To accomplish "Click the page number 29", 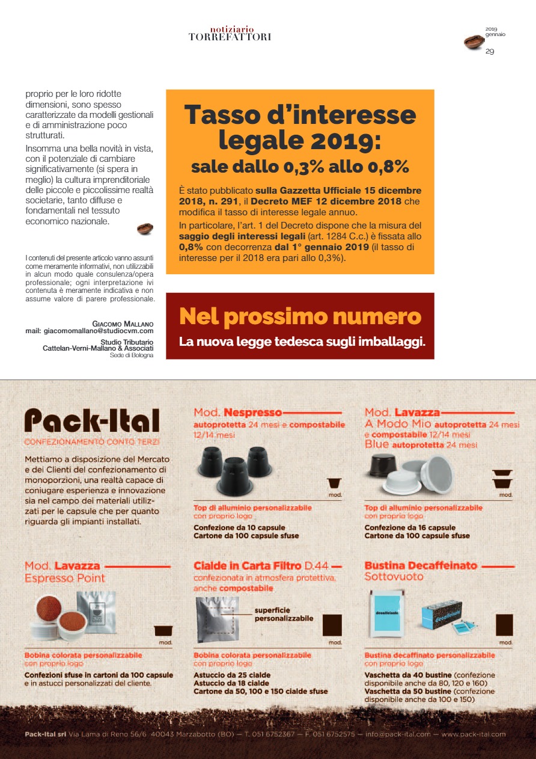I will tap(490, 52).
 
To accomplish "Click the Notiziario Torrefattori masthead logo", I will tap(230, 34).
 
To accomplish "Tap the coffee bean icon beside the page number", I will tap(474, 42).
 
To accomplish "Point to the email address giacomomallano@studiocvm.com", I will tap(90, 331).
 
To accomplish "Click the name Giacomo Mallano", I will tap(123, 324).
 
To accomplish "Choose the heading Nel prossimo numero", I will tap(300, 316).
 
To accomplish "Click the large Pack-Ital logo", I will tap(92, 420).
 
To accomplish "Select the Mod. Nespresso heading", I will tap(238, 413).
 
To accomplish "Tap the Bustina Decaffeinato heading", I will tap(421, 566).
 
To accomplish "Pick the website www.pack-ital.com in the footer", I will tap(474, 734).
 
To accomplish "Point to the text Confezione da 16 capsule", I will tap(401, 527).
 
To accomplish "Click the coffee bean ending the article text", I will tap(145, 229).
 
